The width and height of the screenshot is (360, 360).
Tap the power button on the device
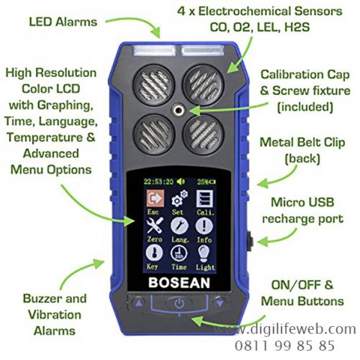pos(179,303)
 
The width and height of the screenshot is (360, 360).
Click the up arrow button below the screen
pos(139,303)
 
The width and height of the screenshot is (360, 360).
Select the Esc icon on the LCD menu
pos(156,199)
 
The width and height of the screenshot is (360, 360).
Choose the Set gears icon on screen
pos(180,199)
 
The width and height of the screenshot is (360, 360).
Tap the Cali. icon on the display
pos(204,199)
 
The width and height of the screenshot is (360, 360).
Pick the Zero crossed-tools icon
pos(155,225)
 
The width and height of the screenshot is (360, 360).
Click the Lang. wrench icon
pos(179,225)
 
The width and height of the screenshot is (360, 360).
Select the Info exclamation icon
pos(204,226)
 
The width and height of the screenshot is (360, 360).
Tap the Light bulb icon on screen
pos(204,253)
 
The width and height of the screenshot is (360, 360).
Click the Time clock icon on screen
pos(179,253)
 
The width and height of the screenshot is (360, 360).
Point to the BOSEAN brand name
pos(179,282)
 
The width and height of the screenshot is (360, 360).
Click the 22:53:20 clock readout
pos(158,181)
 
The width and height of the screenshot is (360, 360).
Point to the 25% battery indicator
pos(206,182)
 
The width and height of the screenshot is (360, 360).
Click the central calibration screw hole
pos(179,110)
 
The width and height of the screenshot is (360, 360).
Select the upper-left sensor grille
pos(154,85)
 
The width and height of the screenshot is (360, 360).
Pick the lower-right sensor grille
pos(204,135)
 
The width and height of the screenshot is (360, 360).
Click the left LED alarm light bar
pos(154,50)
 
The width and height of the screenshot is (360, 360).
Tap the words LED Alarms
pos(63,22)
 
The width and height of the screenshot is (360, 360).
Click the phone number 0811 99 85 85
pos(284,346)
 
